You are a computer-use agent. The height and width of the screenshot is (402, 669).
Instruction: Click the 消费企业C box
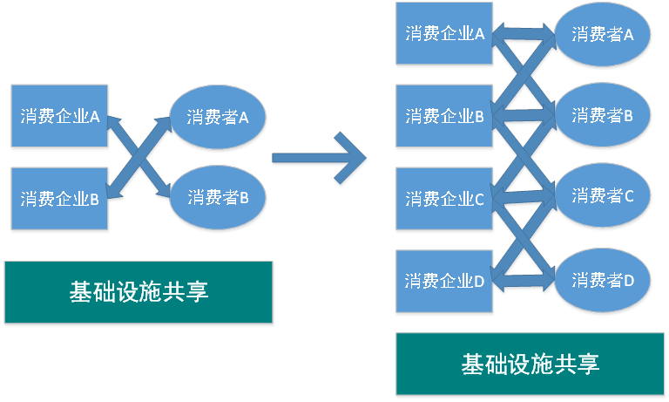coord(444,199)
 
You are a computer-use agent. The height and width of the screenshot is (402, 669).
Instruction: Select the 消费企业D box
coord(444,281)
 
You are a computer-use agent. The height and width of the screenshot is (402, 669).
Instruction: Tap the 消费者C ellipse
coord(602,197)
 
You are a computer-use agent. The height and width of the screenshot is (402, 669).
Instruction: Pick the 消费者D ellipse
coord(602,281)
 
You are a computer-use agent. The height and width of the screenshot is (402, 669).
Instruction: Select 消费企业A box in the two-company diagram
coord(59,116)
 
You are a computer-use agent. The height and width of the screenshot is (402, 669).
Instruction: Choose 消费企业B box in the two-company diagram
coord(59,199)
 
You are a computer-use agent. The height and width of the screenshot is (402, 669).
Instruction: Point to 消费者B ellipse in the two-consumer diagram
coord(218,198)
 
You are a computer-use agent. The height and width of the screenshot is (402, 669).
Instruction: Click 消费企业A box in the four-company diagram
coord(444,34)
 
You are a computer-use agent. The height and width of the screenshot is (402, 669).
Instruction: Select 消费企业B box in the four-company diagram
coord(444,116)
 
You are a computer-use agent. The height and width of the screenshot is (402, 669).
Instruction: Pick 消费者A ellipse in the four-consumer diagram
coord(602,34)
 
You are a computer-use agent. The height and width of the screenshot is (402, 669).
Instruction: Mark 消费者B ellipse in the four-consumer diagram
coord(602,115)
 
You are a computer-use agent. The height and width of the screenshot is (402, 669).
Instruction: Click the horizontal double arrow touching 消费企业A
coord(525,35)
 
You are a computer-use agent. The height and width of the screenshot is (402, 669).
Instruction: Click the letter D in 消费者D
coord(629,281)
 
